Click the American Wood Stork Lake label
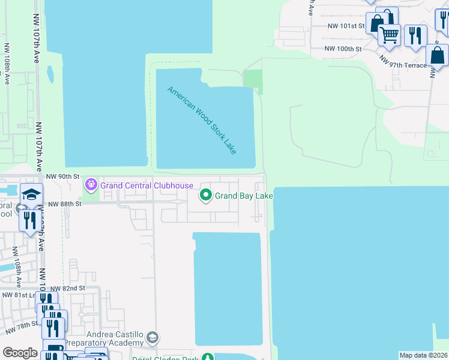202,120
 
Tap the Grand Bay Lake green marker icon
206,196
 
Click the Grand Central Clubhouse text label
146,185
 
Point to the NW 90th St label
63,176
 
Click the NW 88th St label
64,204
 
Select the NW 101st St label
346,26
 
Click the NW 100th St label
343,49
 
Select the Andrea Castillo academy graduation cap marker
153,338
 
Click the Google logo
20,353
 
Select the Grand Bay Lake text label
244,196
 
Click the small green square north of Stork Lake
253,81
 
